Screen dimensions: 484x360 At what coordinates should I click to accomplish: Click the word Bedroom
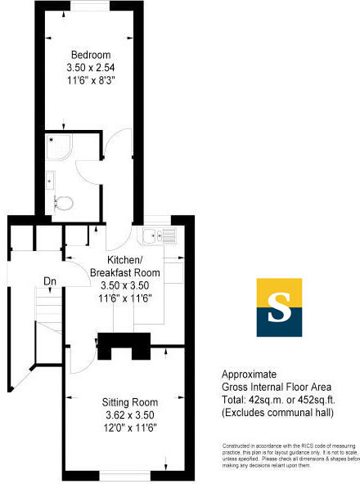pos(90,55)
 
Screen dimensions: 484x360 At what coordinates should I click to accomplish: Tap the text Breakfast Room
pos(124,272)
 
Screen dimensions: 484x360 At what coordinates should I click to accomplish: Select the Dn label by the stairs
pos(50,282)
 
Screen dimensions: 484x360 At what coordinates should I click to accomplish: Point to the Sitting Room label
pos(130,402)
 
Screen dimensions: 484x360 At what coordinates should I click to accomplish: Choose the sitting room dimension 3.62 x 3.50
pos(130,415)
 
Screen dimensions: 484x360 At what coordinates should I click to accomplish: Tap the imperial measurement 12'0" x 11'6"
pos(130,427)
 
